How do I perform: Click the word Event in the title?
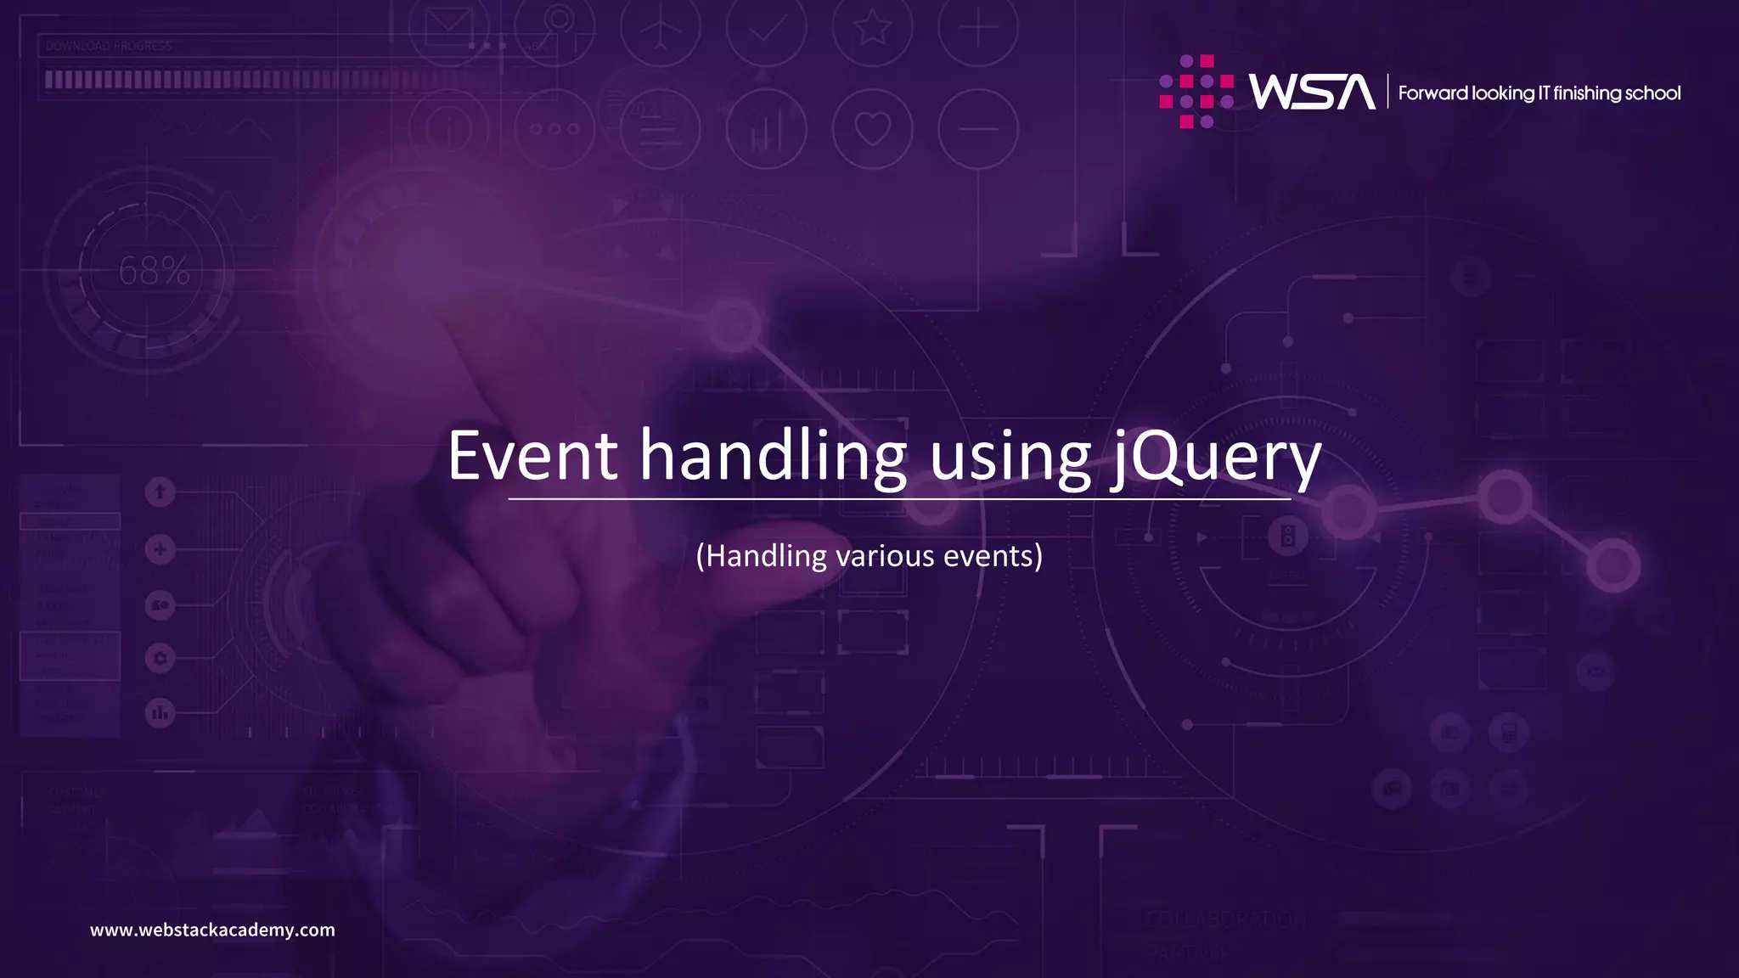pos(532,456)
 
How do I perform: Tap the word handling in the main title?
pos(773,456)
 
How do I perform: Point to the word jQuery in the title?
pos(1216,458)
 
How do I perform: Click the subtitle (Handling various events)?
pos(869,556)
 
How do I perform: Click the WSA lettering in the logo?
pos(1311,92)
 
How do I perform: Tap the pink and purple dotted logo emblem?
pos(1196,92)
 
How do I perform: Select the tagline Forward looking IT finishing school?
pos(1539,93)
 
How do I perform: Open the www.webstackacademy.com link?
pos(212,930)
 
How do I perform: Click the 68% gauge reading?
pos(154,272)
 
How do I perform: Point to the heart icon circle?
pos(872,129)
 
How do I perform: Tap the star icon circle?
pos(872,27)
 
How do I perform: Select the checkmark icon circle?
pos(767,27)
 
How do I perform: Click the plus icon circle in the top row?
pos(977,27)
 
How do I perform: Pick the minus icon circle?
pos(977,129)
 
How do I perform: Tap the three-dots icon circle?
pos(554,129)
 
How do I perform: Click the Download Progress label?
pos(109,46)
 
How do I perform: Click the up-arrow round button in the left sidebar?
pos(160,492)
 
